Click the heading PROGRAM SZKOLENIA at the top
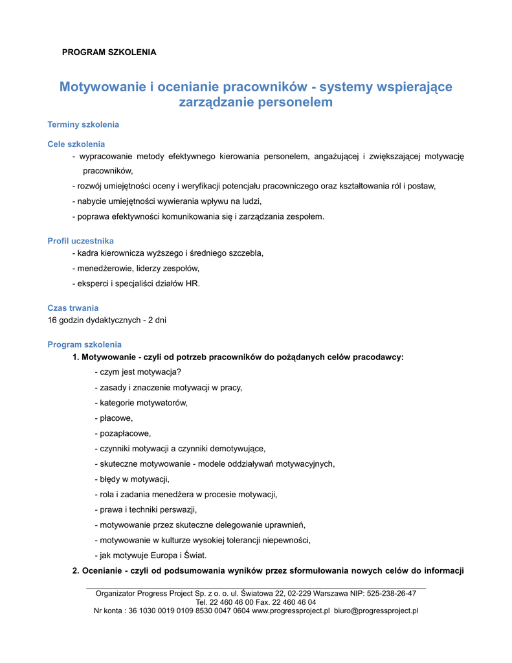109,52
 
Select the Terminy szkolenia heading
83,124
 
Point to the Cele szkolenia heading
76,144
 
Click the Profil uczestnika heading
80,241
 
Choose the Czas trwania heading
73,308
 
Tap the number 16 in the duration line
52,320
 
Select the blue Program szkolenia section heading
84,344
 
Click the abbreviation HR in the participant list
192,284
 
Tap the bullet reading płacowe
116,418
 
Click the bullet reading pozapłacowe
125,433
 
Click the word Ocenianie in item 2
102,571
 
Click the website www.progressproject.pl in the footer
291,611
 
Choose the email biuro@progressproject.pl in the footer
376,611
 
